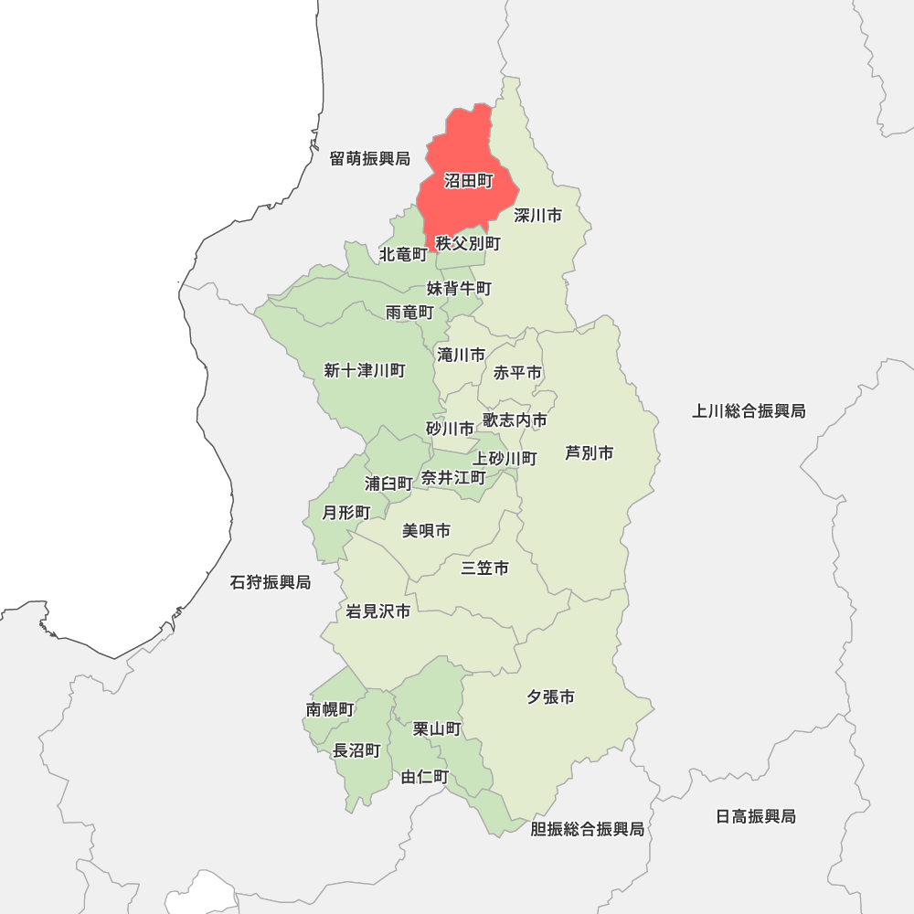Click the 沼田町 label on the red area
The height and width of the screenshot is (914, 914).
pos(469,181)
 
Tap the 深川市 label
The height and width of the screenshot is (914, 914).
pos(537,216)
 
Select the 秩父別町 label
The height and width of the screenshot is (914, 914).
pos(468,244)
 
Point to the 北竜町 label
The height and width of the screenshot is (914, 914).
pos(403,253)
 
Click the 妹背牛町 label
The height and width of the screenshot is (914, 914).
pos(459,289)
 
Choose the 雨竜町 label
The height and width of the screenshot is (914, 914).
pos(409,313)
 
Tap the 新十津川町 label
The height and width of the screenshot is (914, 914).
pos(364,370)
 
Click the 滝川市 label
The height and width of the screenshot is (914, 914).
pos(461,355)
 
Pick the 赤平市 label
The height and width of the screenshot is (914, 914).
pos(517,373)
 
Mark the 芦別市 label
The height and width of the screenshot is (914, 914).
pos(589,452)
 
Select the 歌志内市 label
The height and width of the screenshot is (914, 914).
pos(515,420)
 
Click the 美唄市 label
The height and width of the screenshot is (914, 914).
pos(426,531)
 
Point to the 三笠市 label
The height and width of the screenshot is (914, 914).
pos(484,569)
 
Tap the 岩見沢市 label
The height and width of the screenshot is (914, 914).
pos(377,611)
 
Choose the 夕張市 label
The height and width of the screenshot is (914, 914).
pos(550,697)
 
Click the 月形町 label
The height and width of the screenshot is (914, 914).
pos(346,513)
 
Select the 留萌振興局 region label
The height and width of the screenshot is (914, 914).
pos(370,159)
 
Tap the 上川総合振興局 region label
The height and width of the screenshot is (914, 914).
pos(749,411)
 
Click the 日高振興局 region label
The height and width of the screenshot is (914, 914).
pos(756,816)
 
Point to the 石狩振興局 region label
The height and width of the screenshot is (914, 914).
pos(271,582)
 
